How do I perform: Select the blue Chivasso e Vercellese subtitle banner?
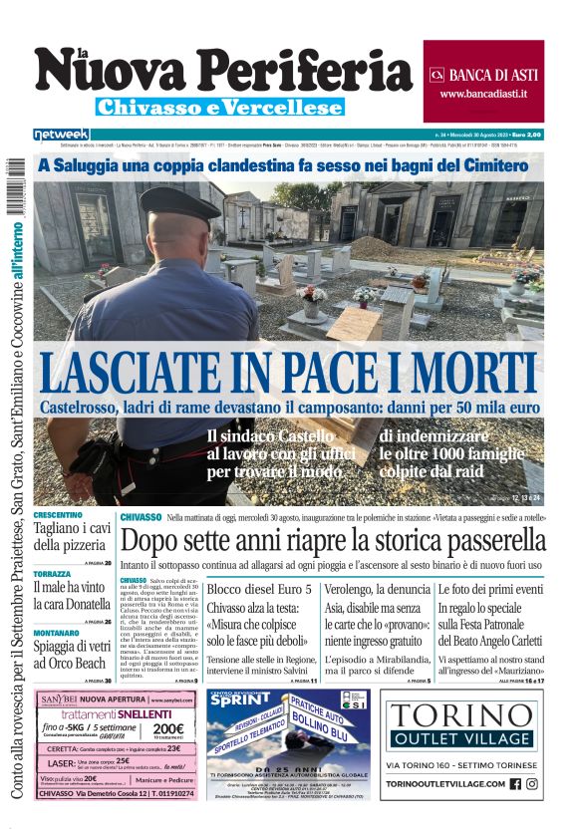220,107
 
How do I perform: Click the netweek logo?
61,134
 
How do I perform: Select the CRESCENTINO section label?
58,515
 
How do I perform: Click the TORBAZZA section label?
52,575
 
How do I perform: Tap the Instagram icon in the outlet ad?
533,784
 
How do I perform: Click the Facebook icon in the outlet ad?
515,784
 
